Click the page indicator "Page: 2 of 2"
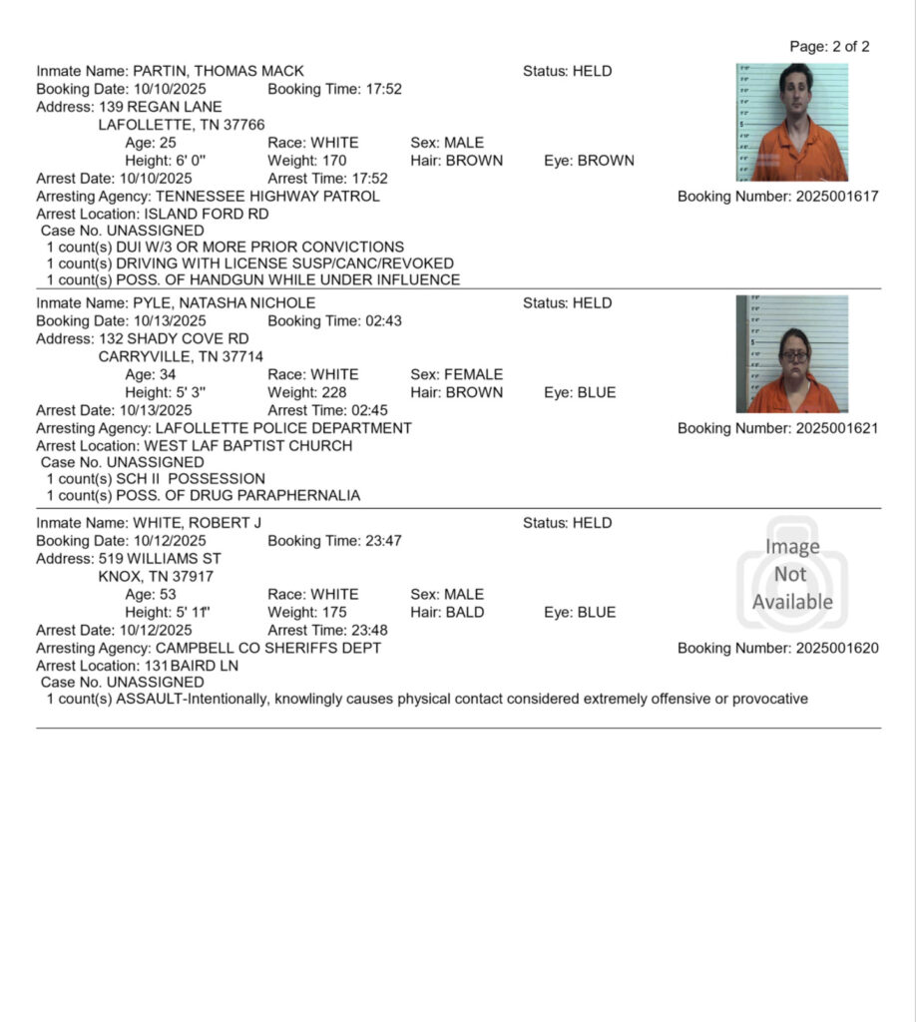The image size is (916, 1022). [829, 47]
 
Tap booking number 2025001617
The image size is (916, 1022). [837, 197]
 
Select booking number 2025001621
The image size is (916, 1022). [837, 428]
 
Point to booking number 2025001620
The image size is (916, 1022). [837, 648]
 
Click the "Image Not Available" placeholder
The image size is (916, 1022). [792, 574]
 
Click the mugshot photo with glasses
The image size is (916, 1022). [792, 354]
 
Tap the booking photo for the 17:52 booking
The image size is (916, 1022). [792, 123]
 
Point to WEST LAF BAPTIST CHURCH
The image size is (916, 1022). [247, 446]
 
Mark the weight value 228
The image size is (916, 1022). [333, 392]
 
